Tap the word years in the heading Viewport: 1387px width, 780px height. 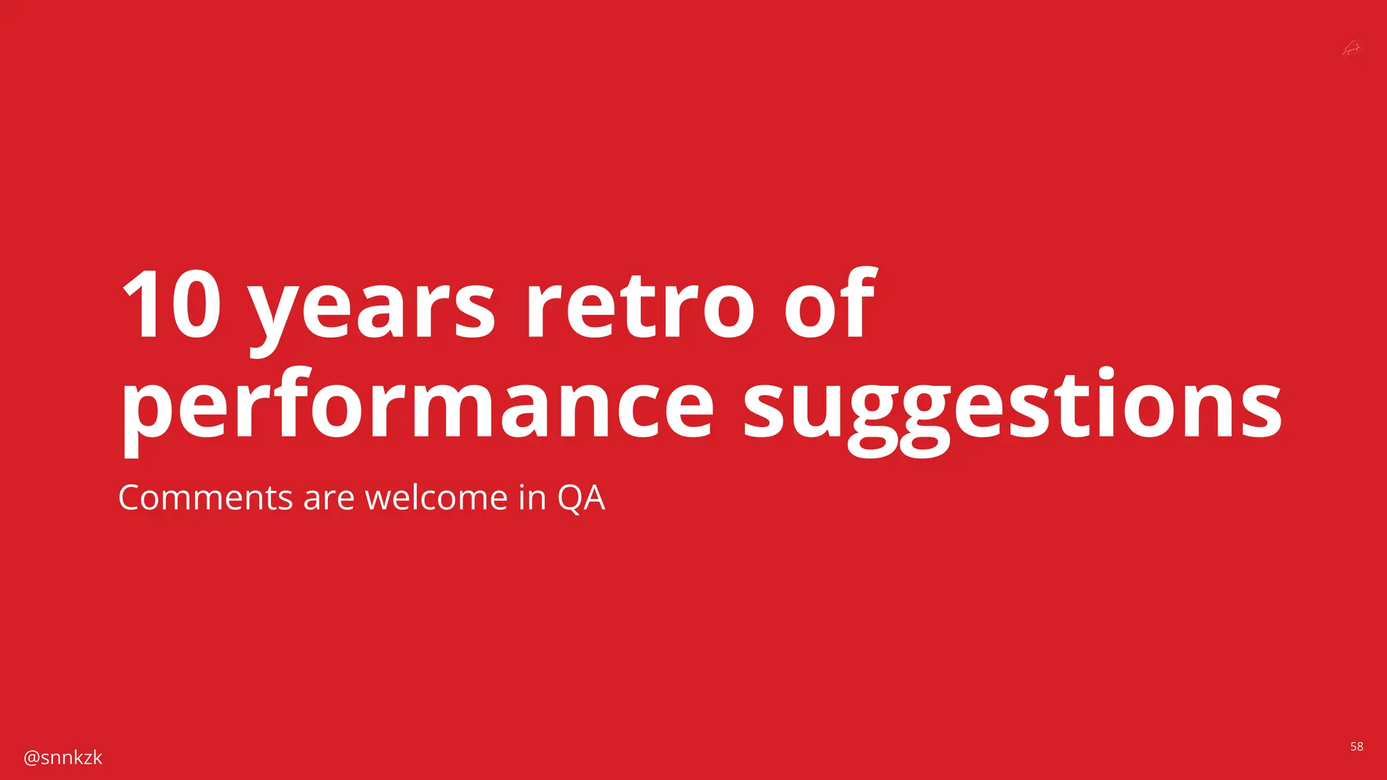tap(372, 311)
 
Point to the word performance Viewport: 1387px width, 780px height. tap(417, 406)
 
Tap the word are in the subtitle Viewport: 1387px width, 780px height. tap(328, 499)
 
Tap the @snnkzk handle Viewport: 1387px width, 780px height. tap(63, 758)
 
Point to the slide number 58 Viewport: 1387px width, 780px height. tap(1357, 747)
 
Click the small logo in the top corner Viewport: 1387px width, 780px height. tap(1351, 48)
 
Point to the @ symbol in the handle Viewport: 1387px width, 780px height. tap(31, 758)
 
